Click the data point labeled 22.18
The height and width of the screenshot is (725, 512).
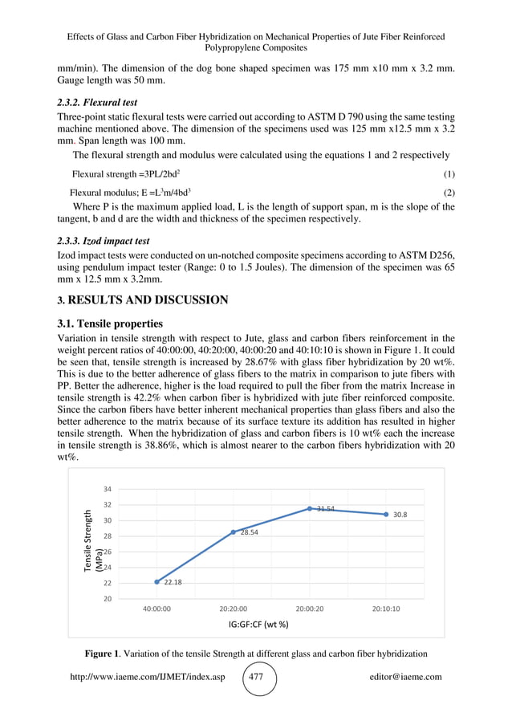pyautogui.click(x=157, y=581)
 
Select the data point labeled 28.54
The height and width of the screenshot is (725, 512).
pyautogui.click(x=234, y=532)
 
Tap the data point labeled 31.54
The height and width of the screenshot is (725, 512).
pyautogui.click(x=310, y=508)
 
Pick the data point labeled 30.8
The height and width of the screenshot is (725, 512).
pyautogui.click(x=386, y=514)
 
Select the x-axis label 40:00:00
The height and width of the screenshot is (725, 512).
pyautogui.click(x=157, y=609)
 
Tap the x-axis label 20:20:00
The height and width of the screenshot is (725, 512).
pyautogui.click(x=234, y=609)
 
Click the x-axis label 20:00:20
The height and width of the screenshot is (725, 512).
pyautogui.click(x=310, y=609)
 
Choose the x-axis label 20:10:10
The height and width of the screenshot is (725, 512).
pyautogui.click(x=386, y=609)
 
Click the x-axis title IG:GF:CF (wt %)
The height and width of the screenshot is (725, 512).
pyautogui.click(x=257, y=624)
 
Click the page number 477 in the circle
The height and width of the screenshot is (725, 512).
pyautogui.click(x=256, y=677)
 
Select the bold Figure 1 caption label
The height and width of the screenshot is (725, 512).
pyautogui.click(x=108, y=651)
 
